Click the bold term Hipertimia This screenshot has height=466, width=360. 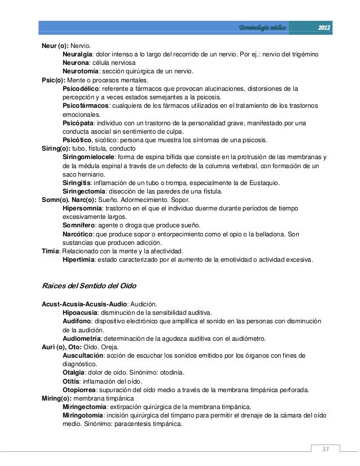click(x=79, y=260)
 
